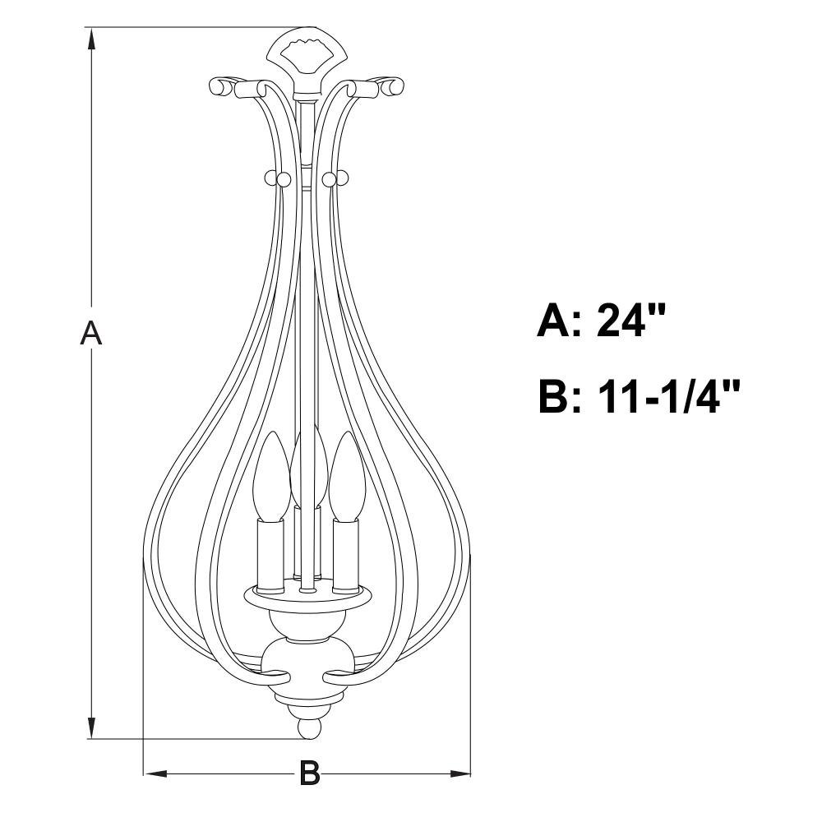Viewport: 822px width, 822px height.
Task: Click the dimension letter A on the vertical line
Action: coord(91,334)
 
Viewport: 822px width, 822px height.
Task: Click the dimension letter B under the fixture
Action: coord(309,773)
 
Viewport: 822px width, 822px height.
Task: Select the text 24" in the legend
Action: coord(630,320)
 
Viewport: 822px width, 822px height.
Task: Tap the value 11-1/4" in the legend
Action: coord(668,396)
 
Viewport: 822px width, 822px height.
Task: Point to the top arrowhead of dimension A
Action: coord(92,39)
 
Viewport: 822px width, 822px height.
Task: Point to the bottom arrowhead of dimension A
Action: coord(92,727)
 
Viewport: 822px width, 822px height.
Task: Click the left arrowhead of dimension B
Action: coord(155,774)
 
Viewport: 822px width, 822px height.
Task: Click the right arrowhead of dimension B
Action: coord(459,774)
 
